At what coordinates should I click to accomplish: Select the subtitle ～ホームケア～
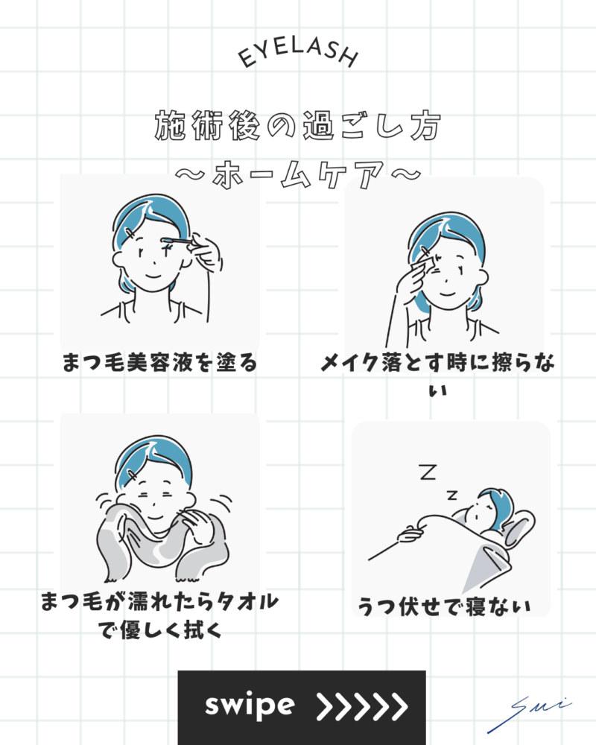pos(298,174)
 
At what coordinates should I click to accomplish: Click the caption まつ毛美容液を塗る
pos(159,363)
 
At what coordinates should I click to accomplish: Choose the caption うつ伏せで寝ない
pos(444,606)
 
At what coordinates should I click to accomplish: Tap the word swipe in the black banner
pos(250,706)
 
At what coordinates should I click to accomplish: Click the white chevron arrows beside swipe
pos(362,706)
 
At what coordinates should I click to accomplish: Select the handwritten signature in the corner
pos(527,713)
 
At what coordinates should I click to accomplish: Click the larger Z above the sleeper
pos(428,472)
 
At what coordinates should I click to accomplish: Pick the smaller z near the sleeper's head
pos(452,495)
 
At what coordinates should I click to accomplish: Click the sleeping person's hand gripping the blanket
pos(410,534)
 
